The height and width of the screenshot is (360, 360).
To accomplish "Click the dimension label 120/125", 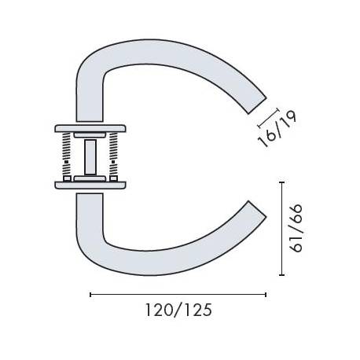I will tap(178, 310).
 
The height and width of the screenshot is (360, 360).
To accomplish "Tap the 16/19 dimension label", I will tap(270, 130).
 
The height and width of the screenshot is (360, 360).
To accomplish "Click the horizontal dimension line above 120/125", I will tap(178, 295).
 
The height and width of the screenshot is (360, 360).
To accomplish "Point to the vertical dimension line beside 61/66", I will tap(283, 228).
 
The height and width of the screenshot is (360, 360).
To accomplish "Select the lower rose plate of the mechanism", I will tap(90, 185).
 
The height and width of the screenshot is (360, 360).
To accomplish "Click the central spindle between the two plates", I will tap(91, 156).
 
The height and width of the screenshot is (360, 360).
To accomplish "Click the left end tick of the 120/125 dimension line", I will tap(91, 295).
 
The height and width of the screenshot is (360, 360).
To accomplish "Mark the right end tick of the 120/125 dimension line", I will tap(266, 295).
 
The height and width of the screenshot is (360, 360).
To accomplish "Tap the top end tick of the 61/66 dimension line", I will tap(283, 182).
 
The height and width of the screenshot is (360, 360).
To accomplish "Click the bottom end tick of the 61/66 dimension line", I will tap(283, 274).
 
